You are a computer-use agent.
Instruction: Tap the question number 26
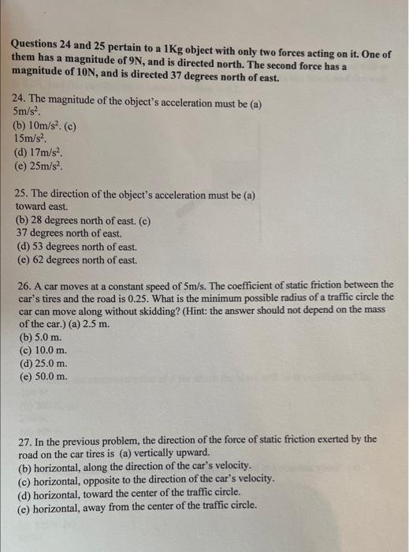(x=24, y=284)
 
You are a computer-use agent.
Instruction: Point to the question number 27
(x=25, y=439)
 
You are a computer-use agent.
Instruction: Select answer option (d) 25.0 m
(x=45, y=364)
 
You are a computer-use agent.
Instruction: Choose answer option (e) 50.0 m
(x=45, y=376)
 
